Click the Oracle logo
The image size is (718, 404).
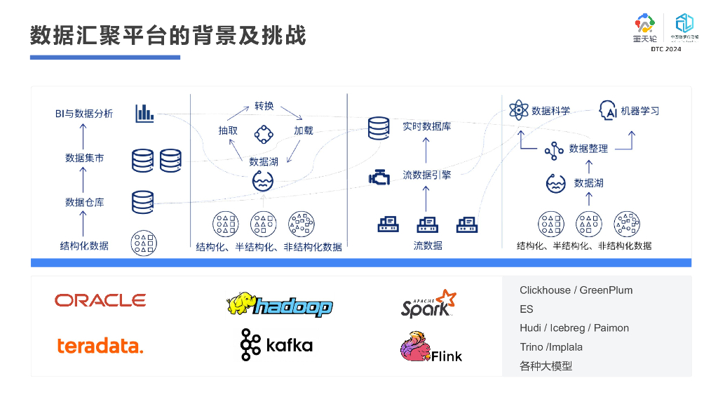tap(100, 300)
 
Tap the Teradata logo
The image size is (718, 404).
tap(100, 345)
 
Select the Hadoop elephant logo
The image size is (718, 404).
tap(279, 305)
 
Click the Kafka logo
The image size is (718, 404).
tap(276, 344)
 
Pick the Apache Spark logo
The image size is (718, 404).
tap(428, 304)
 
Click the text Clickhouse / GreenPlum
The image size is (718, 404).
tap(576, 290)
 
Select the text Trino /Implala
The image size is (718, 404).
tap(551, 347)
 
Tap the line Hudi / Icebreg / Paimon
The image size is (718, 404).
tap(574, 328)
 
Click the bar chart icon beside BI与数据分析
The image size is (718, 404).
tap(144, 113)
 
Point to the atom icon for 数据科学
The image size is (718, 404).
tap(518, 110)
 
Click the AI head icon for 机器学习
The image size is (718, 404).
tap(607, 110)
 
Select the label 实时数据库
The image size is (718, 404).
tap(426, 127)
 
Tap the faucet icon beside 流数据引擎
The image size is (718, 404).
tap(379, 177)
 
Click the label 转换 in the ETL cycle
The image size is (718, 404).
tap(264, 107)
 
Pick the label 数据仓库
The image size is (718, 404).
tap(84, 202)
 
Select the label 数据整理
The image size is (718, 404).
tap(588, 149)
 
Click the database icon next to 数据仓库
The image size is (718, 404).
tap(142, 202)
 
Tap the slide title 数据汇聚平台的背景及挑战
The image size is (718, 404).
tap(168, 36)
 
